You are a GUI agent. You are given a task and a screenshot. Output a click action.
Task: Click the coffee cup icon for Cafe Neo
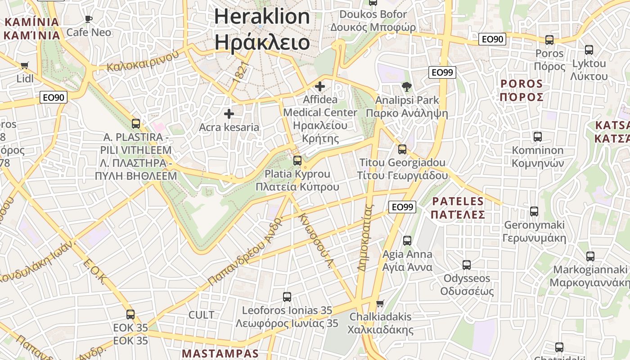89,19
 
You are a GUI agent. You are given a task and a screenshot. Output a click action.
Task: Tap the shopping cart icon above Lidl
25,66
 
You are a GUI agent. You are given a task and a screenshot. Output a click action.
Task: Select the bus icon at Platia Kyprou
297,160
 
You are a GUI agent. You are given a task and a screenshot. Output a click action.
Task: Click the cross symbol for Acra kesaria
229,114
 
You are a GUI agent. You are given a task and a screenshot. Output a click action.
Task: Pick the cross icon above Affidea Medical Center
320,86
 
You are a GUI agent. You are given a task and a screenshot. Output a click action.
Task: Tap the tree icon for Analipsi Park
406,86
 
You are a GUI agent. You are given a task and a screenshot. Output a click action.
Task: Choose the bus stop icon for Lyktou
589,50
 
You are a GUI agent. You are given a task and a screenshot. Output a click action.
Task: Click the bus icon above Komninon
537,137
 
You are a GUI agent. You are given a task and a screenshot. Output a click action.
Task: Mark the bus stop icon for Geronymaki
534,211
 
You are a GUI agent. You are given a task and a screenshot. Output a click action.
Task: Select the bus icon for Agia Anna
407,240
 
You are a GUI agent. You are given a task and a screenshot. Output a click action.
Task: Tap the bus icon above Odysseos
467,265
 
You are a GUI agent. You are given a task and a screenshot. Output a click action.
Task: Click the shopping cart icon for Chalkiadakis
380,303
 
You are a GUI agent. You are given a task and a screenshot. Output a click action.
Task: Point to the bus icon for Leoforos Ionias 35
287,297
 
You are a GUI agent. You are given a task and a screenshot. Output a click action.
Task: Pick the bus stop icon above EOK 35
130,314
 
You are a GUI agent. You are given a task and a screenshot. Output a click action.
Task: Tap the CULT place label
201,315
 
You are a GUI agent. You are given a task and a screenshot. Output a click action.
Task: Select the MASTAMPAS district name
220,353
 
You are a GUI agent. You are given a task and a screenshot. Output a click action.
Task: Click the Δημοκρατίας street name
365,238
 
